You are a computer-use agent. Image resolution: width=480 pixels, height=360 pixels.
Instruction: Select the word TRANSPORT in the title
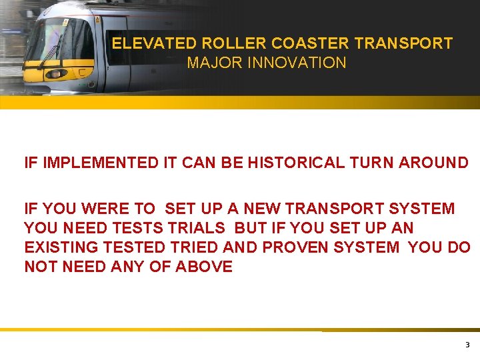point(404,44)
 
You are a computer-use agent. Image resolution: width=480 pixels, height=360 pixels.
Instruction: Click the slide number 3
point(467,345)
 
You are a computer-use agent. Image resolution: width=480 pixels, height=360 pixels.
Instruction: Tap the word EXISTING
point(58,247)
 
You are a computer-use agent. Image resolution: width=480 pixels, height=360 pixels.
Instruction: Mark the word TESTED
point(130,247)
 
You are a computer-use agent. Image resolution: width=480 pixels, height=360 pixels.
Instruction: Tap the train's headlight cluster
point(55,73)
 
